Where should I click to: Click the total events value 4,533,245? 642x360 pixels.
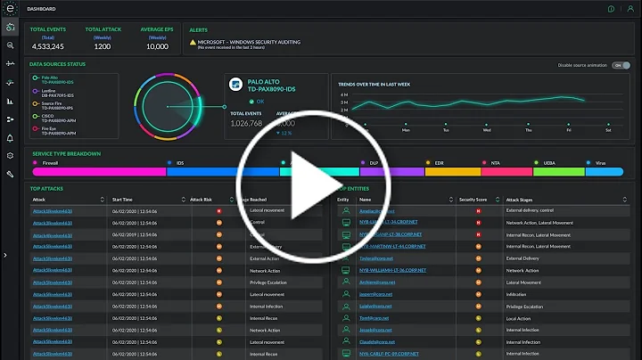[x=47, y=45]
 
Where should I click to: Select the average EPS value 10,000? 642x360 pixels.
[x=157, y=45]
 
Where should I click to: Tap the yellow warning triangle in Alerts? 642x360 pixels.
[x=192, y=41]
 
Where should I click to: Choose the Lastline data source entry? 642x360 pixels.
[x=55, y=94]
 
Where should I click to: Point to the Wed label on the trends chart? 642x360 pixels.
[x=486, y=129]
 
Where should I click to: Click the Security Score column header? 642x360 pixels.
[x=472, y=200]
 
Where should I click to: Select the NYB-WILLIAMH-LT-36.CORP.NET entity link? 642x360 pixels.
[x=393, y=269]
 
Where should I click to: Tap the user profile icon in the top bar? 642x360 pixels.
[x=627, y=8]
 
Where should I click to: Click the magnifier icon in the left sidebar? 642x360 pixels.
[x=10, y=45]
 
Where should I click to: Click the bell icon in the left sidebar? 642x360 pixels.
[x=10, y=137]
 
